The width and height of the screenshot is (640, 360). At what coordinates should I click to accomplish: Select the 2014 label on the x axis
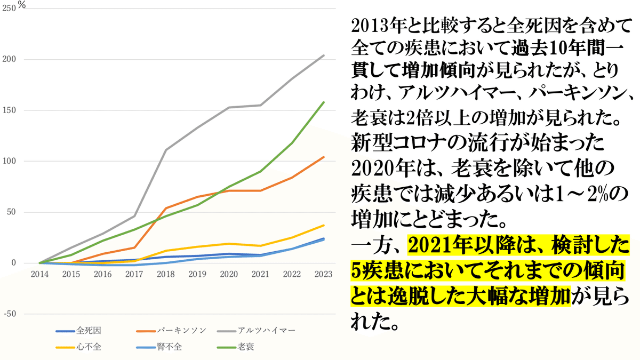tap(39, 274)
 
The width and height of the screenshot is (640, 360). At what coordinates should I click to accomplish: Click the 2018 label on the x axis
tap(166, 274)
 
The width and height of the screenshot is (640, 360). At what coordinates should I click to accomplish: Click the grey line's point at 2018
tap(166, 150)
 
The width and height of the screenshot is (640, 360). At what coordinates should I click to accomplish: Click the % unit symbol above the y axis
tap(22, 5)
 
